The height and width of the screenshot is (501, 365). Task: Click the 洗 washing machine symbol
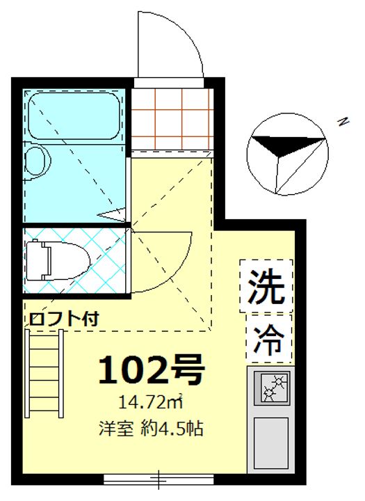[267, 285]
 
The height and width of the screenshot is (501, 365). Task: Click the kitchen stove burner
[273, 388]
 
